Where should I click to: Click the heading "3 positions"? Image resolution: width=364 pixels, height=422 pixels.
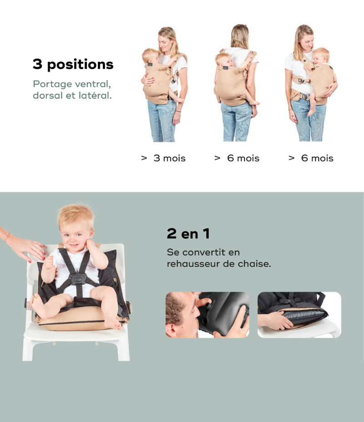73,65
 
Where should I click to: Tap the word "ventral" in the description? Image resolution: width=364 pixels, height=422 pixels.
93,84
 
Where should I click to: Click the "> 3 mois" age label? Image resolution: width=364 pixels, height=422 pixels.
163,158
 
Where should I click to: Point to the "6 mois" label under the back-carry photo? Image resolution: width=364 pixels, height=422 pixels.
243,158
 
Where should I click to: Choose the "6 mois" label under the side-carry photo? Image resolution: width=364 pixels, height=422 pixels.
317,158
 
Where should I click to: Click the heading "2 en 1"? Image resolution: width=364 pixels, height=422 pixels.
188,233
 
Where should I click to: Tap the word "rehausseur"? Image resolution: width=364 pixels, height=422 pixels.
193,264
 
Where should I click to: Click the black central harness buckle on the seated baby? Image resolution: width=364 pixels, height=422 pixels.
77,279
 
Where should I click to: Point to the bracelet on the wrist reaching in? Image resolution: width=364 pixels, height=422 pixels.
7,237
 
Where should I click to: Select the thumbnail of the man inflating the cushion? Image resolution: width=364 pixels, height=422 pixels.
207,315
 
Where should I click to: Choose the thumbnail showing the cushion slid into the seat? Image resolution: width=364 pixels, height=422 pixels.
299,315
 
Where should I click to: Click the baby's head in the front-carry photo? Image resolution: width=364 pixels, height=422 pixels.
150,56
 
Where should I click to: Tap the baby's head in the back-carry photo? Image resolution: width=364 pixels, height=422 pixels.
224,60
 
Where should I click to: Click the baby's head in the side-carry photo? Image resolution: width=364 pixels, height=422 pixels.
321,56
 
